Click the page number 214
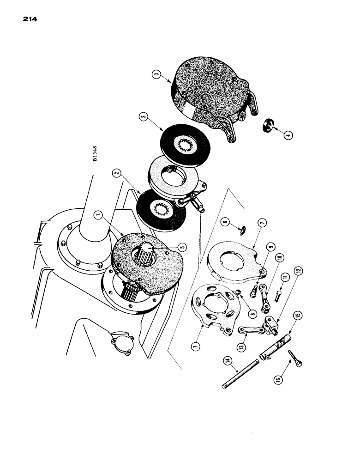(x=29, y=19)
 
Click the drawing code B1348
(x=95, y=154)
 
